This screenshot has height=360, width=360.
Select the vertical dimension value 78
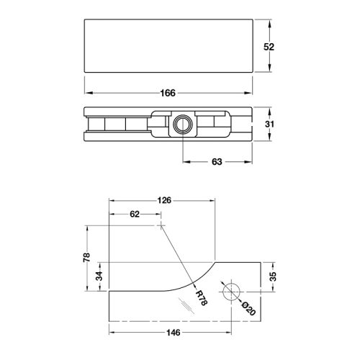click(86, 258)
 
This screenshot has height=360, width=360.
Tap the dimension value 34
click(99, 275)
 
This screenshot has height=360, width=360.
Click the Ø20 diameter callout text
click(246, 307)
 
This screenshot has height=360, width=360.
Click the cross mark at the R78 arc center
click(160, 225)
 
